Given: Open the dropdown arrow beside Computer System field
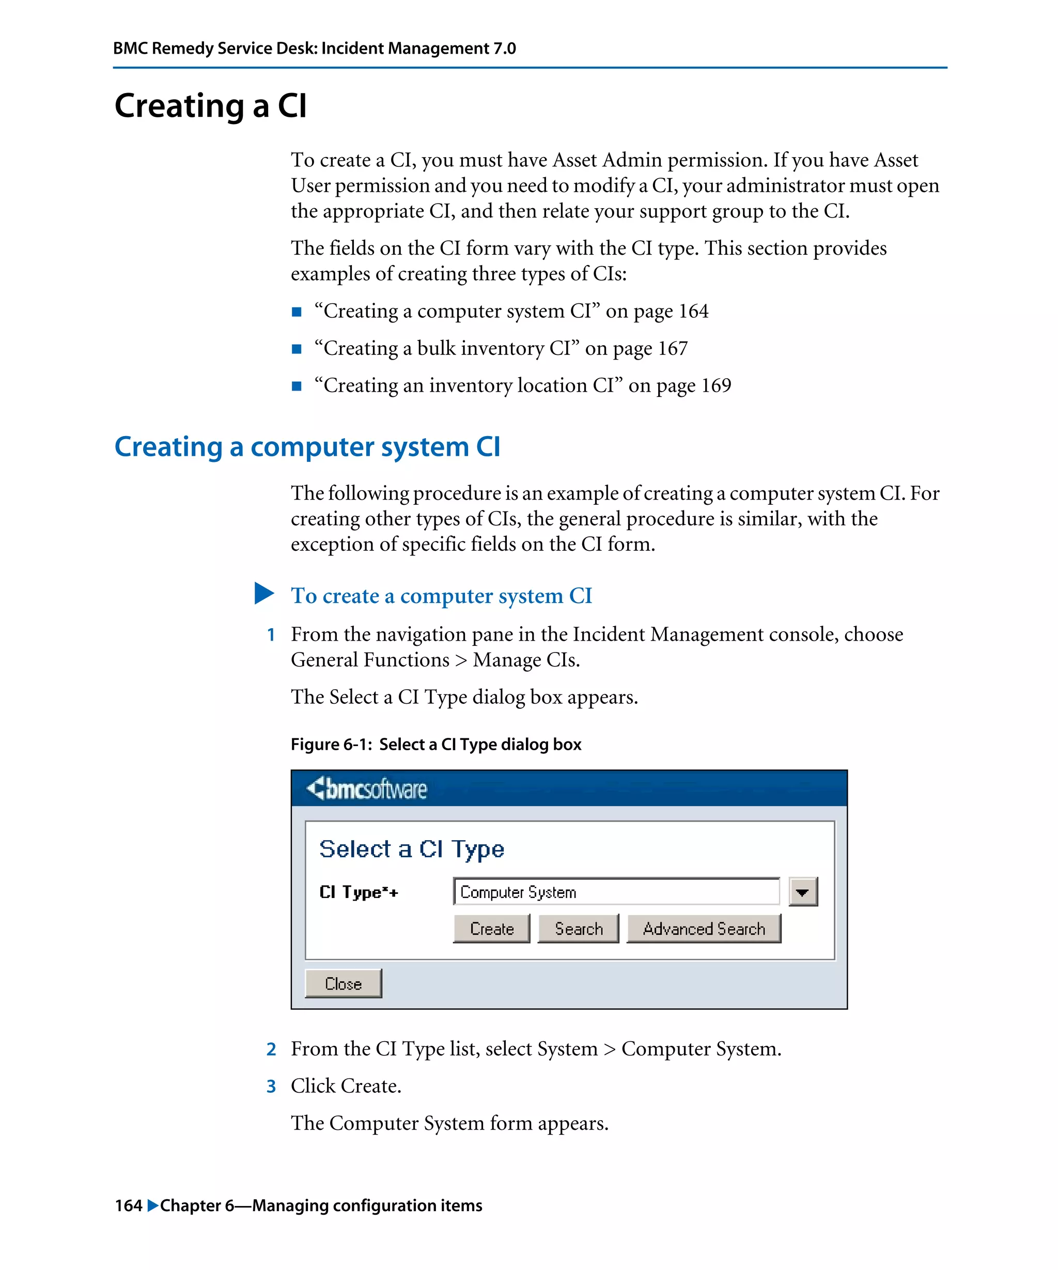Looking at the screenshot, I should [x=802, y=891].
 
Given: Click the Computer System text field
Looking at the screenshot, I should [x=615, y=891].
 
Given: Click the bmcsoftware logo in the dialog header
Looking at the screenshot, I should [x=366, y=788].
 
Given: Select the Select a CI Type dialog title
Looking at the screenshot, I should [x=411, y=848].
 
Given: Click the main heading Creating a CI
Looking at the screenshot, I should [x=210, y=106].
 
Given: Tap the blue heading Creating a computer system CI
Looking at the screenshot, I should [x=307, y=447].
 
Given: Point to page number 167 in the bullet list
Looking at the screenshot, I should [x=672, y=348].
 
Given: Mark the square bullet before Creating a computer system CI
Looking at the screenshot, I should [x=296, y=312].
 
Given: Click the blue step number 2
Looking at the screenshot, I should [x=271, y=1049].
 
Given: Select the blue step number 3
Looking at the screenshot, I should [x=271, y=1086].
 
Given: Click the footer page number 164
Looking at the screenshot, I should [x=128, y=1205].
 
